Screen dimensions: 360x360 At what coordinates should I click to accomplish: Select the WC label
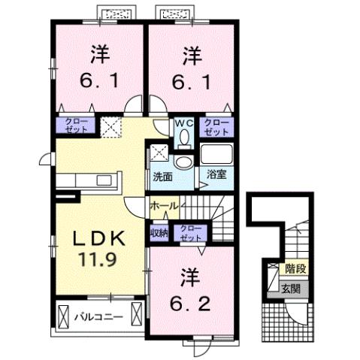tap(184, 123)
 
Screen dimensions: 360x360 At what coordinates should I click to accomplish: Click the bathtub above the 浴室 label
tap(216, 154)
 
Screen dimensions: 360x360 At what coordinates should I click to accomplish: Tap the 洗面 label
tap(163, 177)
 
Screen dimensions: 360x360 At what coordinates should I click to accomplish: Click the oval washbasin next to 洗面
tap(182, 163)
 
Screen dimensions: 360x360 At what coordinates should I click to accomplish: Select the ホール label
tap(163, 205)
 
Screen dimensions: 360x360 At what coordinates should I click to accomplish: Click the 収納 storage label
tap(159, 233)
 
